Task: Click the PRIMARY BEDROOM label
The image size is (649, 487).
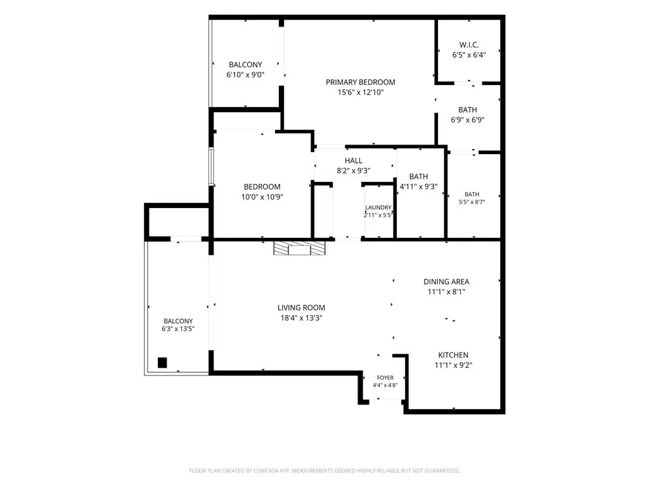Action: click(360, 82)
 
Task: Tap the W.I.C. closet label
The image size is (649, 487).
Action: click(469, 45)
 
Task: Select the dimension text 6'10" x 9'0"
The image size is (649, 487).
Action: click(245, 75)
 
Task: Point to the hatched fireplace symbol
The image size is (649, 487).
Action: click(299, 248)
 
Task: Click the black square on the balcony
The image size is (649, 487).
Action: click(162, 363)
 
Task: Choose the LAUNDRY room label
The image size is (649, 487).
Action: click(378, 207)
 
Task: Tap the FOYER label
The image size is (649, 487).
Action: click(385, 378)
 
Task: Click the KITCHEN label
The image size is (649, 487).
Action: click(453, 355)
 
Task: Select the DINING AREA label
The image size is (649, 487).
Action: click(446, 282)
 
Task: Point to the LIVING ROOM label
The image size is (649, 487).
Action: click(301, 308)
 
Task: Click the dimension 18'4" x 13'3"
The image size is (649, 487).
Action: click(301, 318)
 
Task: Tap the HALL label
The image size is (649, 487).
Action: click(354, 160)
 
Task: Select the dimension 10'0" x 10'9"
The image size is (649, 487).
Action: click(262, 197)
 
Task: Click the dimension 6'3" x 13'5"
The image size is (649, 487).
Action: click(178, 329)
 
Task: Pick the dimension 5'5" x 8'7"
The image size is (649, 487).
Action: click(472, 202)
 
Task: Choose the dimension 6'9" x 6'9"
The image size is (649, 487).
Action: click(468, 120)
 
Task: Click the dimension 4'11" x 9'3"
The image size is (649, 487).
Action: click(418, 187)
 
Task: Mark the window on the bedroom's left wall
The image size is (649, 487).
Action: click(211, 166)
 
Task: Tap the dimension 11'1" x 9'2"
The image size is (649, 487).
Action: click(453, 365)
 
